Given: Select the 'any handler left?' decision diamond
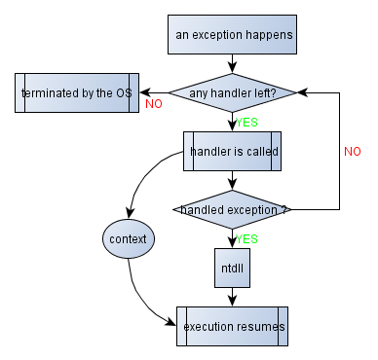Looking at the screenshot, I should pyautogui.click(x=233, y=93).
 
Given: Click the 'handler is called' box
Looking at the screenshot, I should pyautogui.click(x=233, y=152).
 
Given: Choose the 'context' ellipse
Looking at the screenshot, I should pyautogui.click(x=129, y=238).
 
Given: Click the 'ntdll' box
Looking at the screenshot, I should pyautogui.click(x=233, y=268).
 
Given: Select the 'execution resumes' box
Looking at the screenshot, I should pyautogui.click(x=233, y=327).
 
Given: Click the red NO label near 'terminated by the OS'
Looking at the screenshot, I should pyautogui.click(x=154, y=104).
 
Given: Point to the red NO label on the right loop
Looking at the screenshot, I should pyautogui.click(x=353, y=152).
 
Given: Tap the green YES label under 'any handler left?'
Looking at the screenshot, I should pyautogui.click(x=246, y=123).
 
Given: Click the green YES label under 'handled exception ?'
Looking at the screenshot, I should pyautogui.click(x=246, y=238).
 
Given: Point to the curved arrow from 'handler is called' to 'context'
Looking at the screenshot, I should pyautogui.click(x=146, y=175).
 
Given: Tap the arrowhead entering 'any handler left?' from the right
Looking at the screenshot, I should pyautogui.click(x=304, y=93).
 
